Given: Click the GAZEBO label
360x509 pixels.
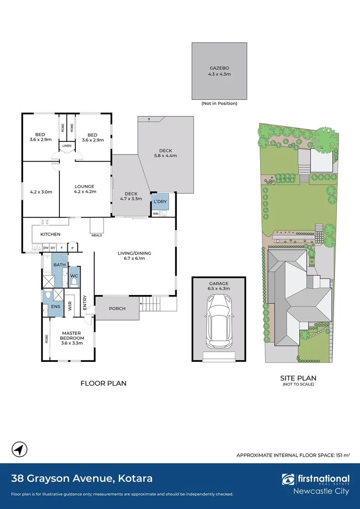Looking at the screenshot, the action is (219, 68).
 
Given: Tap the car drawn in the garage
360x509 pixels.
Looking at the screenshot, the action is (219, 321).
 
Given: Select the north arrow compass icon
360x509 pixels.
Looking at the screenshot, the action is (19, 450).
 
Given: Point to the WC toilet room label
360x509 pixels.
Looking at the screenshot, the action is (74, 276).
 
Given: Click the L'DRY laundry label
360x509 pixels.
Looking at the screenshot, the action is (160, 202).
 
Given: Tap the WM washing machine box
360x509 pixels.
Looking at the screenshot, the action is (156, 213).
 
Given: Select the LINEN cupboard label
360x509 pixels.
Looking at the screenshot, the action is (67, 146).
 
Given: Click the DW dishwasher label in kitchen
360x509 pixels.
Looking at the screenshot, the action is (46, 248).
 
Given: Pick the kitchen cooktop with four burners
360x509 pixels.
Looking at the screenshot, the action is (44, 222).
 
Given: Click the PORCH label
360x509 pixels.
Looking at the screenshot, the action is (117, 308).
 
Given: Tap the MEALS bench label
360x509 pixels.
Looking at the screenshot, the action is (97, 235).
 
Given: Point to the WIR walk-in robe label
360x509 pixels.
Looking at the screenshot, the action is (70, 306).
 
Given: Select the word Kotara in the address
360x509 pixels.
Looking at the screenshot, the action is (135, 478).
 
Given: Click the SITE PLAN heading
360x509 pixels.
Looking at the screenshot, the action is (298, 378).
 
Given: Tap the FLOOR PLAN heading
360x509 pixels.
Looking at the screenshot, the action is (103, 383).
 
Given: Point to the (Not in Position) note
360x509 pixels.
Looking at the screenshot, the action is (219, 104).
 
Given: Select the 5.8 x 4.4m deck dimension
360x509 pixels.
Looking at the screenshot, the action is (165, 156).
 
